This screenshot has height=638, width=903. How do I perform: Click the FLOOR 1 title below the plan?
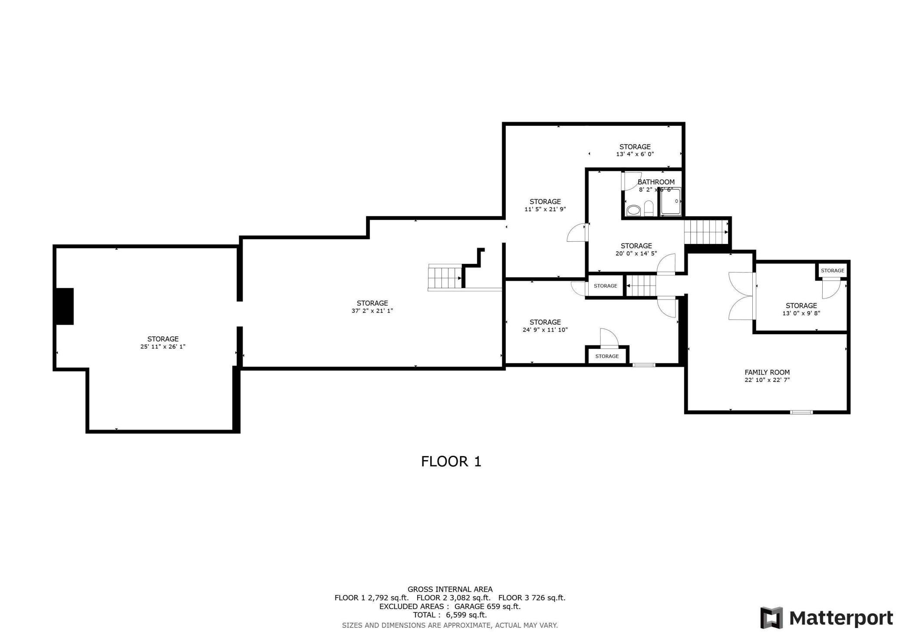(x=451, y=461)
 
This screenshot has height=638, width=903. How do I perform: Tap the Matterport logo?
(x=827, y=618)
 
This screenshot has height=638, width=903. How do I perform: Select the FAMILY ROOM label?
(x=767, y=372)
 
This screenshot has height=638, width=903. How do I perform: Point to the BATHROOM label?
(x=656, y=182)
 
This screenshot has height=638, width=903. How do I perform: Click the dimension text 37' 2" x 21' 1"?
(x=372, y=311)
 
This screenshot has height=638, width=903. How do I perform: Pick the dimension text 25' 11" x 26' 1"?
(x=163, y=347)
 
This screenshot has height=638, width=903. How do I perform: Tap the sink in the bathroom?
(x=633, y=210)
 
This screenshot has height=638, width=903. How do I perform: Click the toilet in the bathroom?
(x=649, y=209)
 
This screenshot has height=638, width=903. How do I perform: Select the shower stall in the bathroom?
(x=670, y=202)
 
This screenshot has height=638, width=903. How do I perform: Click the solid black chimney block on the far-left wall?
(x=64, y=306)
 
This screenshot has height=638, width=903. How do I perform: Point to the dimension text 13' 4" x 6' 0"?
(x=635, y=154)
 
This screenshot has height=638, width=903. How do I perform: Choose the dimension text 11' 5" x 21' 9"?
(x=545, y=209)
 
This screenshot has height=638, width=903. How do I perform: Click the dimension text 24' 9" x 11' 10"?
(x=545, y=330)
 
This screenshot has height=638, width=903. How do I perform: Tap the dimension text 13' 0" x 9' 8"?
(x=801, y=313)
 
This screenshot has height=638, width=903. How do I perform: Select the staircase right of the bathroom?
(x=706, y=232)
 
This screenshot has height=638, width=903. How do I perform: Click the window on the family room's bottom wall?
(x=801, y=412)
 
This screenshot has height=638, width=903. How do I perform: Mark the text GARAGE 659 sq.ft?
(x=487, y=606)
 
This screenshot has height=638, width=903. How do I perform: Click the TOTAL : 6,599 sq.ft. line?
(x=450, y=615)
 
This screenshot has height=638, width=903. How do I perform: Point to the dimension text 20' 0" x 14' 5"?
(x=636, y=253)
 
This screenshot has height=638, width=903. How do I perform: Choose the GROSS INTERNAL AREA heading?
(x=450, y=589)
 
